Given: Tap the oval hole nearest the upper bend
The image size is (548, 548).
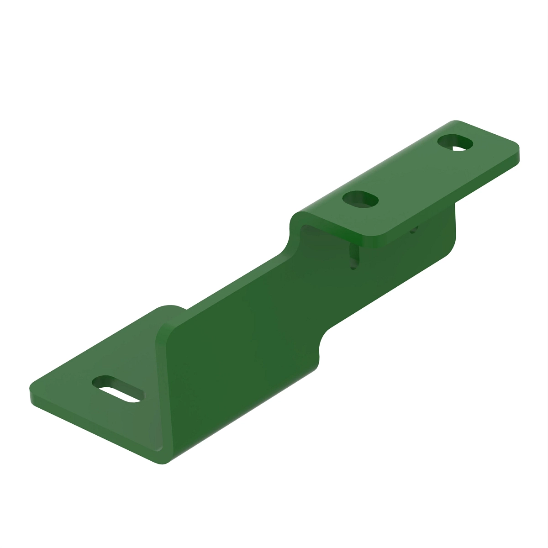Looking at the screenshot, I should coord(361,199).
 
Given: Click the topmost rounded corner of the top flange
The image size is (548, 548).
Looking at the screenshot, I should coord(454,122).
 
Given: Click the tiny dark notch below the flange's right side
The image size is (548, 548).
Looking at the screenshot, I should coord(414,230).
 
